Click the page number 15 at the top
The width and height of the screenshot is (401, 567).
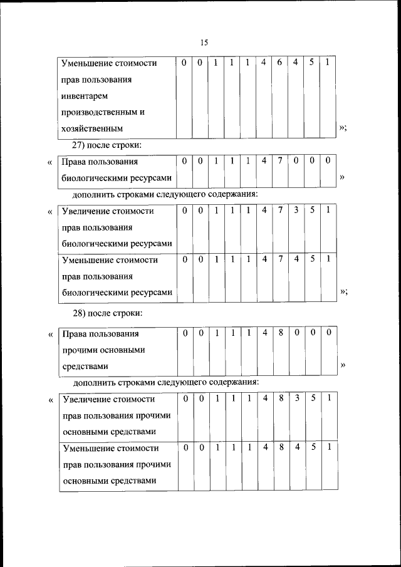click(x=204, y=43)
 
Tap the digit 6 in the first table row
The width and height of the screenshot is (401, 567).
click(x=279, y=63)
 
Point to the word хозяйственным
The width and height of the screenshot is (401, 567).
click(x=91, y=128)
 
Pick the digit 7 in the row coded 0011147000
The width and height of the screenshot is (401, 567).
click(x=279, y=161)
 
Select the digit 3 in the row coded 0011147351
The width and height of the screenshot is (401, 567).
click(x=296, y=211)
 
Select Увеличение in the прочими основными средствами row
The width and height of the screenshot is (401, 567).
click(x=87, y=399)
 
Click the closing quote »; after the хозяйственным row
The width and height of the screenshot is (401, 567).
click(x=343, y=128)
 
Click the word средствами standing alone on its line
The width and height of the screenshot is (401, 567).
click(x=85, y=366)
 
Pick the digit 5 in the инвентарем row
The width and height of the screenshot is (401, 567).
click(x=311, y=63)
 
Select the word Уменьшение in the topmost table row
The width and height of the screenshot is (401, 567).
click(x=87, y=63)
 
